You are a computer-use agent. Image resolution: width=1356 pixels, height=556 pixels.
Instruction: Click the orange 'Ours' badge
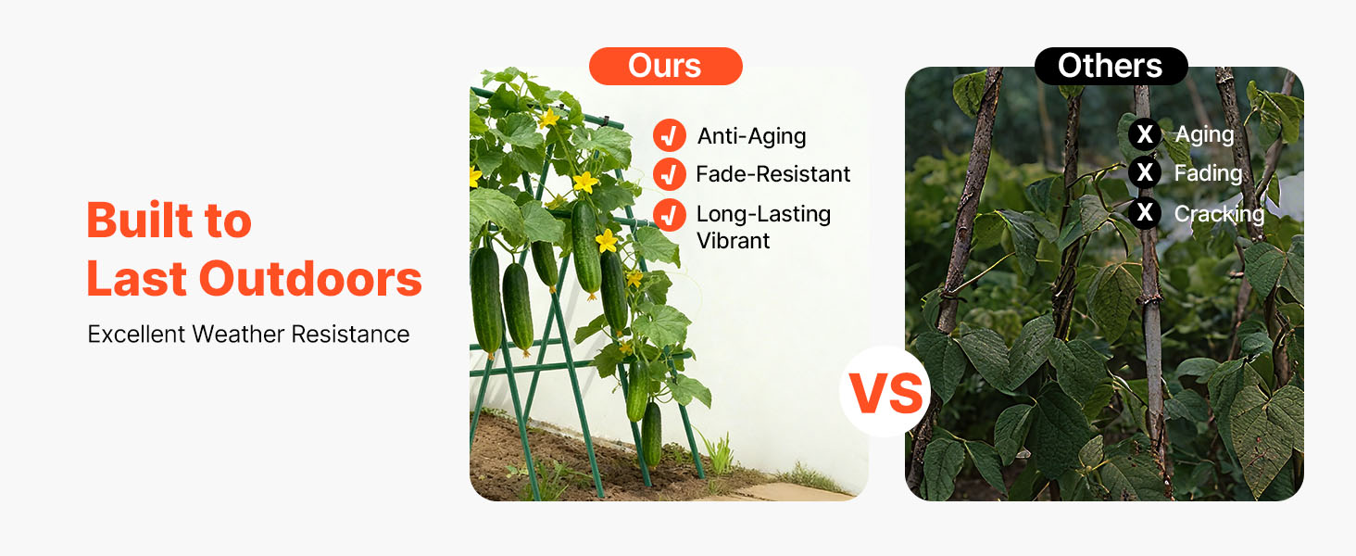665,66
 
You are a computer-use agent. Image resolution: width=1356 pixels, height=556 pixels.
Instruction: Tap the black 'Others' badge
1111,66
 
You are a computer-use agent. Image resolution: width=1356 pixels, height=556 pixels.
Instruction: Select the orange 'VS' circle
885,391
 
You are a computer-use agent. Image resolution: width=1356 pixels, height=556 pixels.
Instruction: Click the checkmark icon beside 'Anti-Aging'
669,135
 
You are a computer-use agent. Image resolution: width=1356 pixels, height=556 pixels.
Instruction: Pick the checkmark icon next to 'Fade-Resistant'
669,174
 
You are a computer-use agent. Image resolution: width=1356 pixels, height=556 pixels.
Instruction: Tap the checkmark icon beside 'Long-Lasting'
669,215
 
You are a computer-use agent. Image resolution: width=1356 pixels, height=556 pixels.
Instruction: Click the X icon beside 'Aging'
1144,133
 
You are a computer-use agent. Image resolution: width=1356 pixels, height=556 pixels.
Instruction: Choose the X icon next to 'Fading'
1144,172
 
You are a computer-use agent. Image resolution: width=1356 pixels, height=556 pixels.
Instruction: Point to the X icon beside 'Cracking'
1144,212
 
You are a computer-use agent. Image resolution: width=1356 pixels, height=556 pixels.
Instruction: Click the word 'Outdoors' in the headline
310,279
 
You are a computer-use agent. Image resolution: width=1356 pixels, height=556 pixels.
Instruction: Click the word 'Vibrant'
733,241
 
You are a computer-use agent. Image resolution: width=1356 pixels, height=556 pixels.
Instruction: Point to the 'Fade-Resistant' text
773,174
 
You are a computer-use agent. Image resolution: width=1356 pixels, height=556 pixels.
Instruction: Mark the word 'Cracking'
1219,214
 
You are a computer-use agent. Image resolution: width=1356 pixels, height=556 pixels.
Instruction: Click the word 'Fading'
1209,174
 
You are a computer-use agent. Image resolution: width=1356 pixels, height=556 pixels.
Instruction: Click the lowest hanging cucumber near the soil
651,435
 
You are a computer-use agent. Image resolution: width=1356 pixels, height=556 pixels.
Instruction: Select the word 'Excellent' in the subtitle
136,335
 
